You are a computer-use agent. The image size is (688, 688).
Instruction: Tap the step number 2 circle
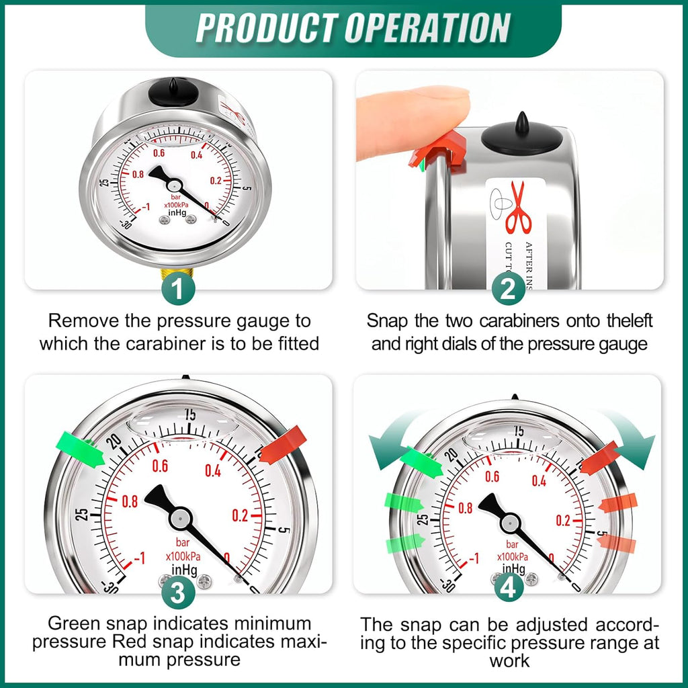click(x=509, y=289)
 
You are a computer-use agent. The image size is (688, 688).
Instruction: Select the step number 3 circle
click(x=177, y=593)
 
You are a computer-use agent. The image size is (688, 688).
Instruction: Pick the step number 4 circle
click(x=509, y=589)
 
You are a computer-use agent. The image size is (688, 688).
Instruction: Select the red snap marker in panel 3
click(x=283, y=445)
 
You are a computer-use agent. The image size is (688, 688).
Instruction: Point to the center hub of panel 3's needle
click(x=180, y=517)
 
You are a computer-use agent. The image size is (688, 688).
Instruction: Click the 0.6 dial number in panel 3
click(x=160, y=466)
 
